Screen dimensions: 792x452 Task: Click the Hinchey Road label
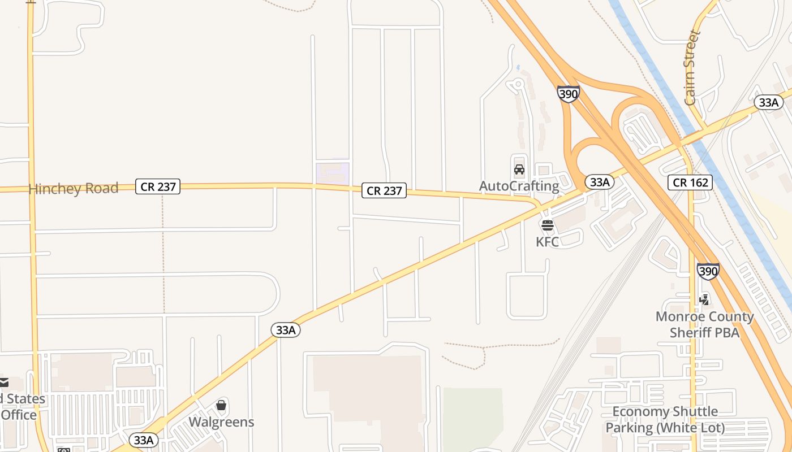74,188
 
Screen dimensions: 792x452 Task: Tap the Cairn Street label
692,68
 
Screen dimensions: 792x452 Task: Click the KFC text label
547,242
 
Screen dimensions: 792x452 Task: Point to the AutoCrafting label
519,186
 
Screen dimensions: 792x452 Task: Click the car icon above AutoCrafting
519,169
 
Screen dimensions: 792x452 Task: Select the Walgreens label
221,422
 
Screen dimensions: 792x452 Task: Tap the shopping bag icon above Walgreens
221,405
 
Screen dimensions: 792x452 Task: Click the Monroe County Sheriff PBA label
704,324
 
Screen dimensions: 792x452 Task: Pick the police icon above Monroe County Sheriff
704,299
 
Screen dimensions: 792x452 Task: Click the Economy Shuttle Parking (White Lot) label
665,420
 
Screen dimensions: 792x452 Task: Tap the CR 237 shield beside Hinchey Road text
158,186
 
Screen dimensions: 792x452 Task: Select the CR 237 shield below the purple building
384,191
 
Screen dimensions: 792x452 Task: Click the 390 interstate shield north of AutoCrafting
568,94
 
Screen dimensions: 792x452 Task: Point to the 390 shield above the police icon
708,271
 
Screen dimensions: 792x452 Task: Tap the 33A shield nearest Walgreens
144,440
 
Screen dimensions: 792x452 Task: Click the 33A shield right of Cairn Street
769,102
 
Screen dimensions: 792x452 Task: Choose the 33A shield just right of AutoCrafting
599,182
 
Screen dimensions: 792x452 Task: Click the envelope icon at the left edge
4,383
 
